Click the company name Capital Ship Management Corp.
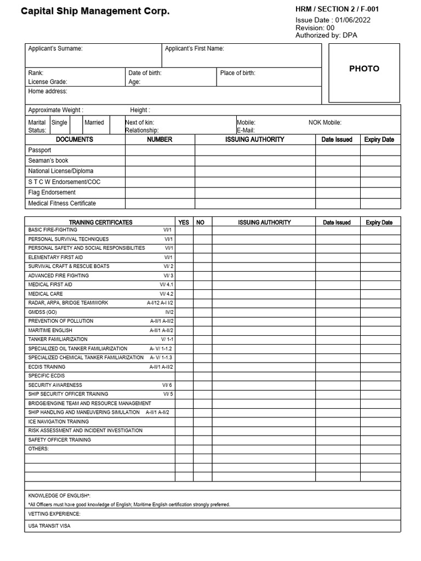coord(95,11)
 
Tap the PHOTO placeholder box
coord(364,69)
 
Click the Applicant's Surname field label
coord(55,49)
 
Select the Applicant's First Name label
coord(195,49)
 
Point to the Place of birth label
coord(237,73)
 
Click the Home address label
coord(48,91)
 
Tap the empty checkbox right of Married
coord(116,126)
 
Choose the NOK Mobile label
coord(325,123)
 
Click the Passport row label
coord(39,150)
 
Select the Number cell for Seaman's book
coord(160,161)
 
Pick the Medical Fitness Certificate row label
coord(62,203)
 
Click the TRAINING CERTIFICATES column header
coord(100,222)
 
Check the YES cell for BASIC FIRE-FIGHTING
coord(184,230)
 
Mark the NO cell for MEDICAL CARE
coord(202,294)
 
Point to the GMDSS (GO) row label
coord(42,312)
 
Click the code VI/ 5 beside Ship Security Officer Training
coord(168,394)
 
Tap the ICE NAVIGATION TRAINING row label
coord(58,421)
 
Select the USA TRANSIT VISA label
coord(49,526)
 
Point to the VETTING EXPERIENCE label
coord(54,514)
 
